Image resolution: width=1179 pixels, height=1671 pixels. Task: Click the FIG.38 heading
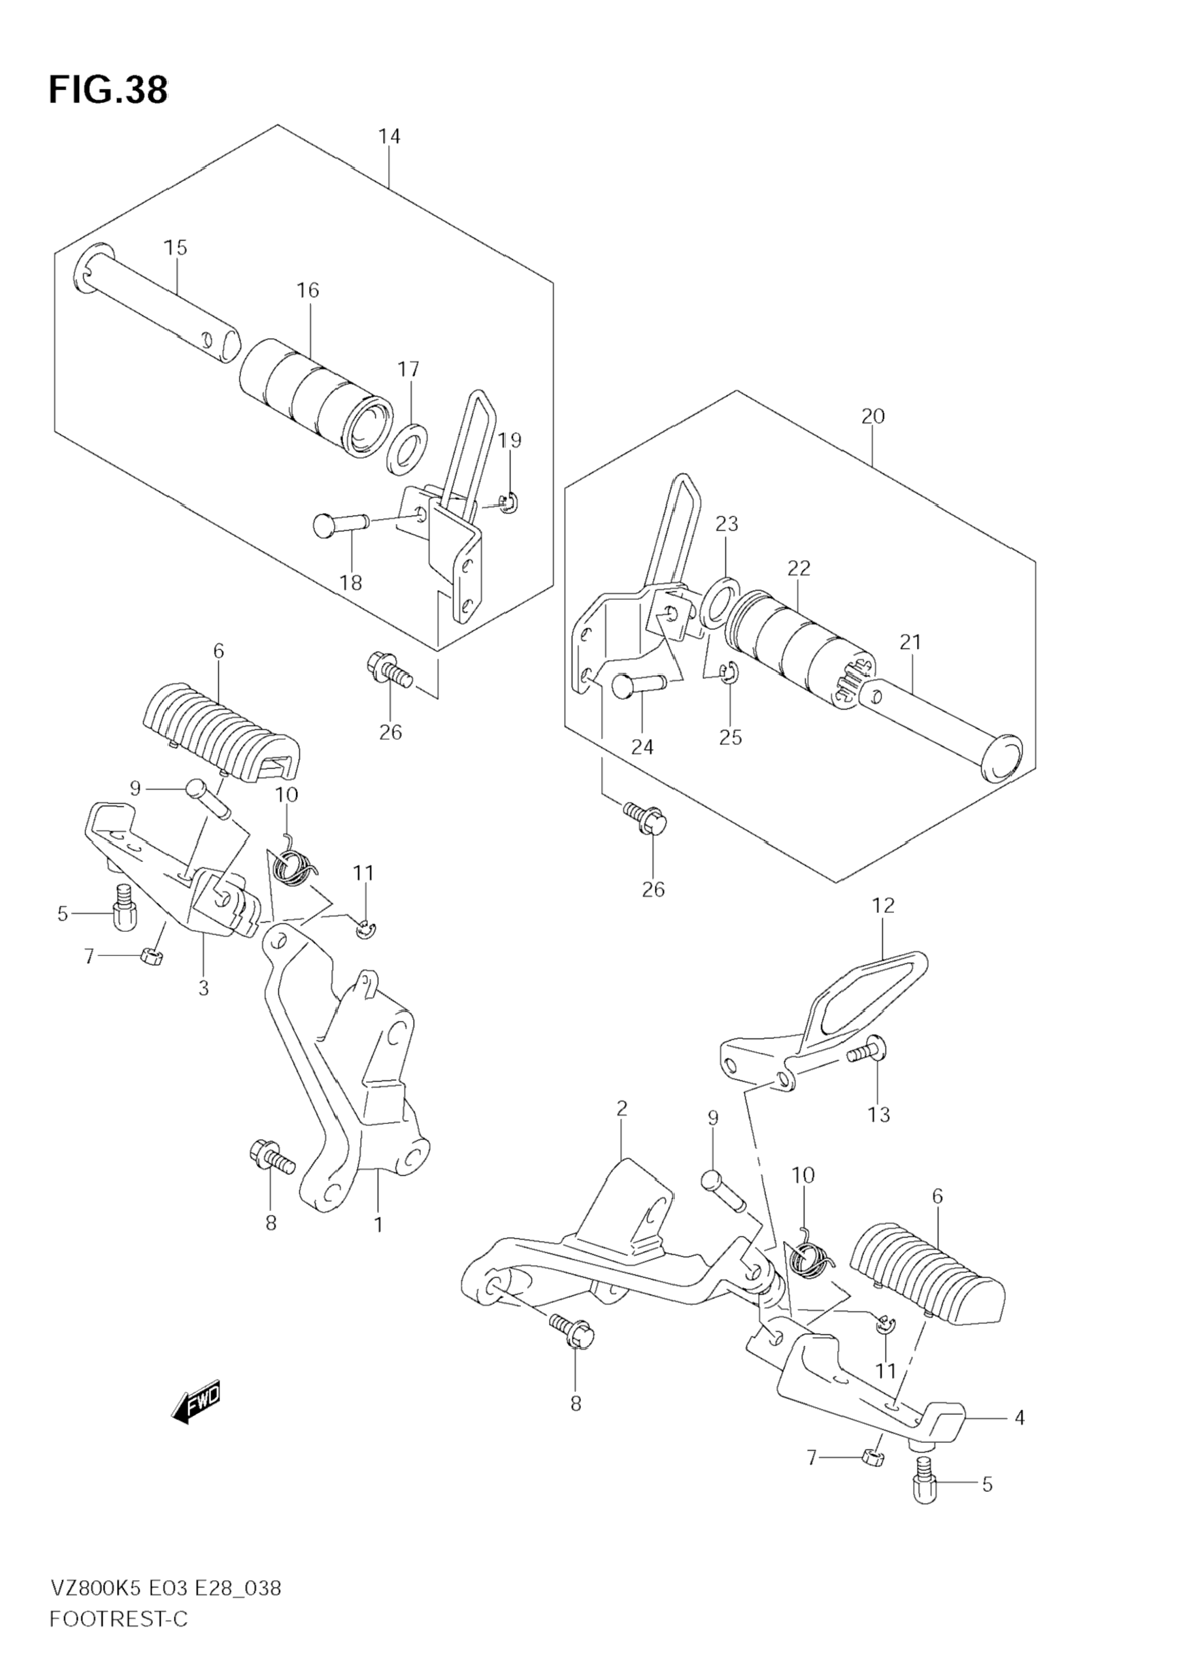coord(108,90)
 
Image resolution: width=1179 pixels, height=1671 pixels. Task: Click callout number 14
coord(390,136)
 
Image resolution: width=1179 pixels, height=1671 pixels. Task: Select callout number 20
coord(872,416)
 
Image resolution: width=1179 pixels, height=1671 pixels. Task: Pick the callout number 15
coord(175,248)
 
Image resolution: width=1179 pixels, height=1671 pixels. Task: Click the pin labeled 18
coord(340,524)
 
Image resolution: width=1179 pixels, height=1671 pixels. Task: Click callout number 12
coord(883,905)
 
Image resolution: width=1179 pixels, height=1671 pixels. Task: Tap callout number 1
coord(378,1224)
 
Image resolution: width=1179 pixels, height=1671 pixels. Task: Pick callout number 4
coord(1020,1417)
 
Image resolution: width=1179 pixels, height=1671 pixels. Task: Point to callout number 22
coord(799,568)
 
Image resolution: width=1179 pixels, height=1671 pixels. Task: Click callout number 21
coord(910,642)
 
